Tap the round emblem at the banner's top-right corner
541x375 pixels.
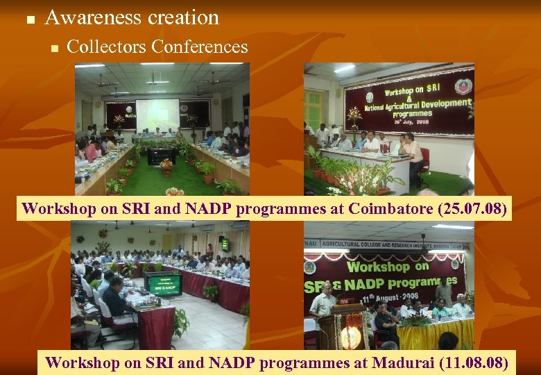(x=463, y=87)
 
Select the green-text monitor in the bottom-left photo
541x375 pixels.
(x=162, y=283)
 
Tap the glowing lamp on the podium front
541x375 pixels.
(x=351, y=337)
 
